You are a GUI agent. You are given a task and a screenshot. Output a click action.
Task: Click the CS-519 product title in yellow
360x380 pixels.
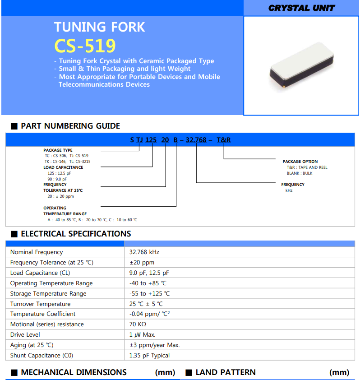(x=85, y=46)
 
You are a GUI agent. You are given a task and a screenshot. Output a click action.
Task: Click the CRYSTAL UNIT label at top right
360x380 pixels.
(x=301, y=8)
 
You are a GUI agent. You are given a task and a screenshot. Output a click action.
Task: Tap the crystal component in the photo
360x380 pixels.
(x=301, y=66)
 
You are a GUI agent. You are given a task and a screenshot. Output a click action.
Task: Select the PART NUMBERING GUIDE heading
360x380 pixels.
(x=70, y=126)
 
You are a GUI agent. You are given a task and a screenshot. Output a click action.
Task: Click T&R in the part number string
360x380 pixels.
(x=224, y=140)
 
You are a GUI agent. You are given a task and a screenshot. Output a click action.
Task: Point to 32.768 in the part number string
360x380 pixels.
(x=196, y=140)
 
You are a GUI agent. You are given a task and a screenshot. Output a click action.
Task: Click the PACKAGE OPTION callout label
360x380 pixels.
(x=300, y=162)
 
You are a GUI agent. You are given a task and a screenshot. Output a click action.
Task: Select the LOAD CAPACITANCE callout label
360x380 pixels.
(x=63, y=167)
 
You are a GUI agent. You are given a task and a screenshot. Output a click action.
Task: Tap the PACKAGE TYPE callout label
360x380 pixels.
(x=58, y=150)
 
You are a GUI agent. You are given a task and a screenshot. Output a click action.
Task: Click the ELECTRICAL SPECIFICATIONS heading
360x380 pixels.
(x=76, y=234)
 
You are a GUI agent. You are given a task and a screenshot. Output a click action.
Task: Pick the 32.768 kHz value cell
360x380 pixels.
(x=144, y=252)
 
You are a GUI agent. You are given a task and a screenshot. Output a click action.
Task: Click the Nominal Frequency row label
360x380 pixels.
(x=37, y=252)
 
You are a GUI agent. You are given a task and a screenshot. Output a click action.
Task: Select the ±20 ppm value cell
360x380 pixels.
(x=142, y=263)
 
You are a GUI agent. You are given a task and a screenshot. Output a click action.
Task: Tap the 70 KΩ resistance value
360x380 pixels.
(x=138, y=324)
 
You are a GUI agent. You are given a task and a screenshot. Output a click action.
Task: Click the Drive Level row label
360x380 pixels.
(x=25, y=335)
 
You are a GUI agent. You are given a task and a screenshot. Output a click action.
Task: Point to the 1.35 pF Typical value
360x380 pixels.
(x=150, y=356)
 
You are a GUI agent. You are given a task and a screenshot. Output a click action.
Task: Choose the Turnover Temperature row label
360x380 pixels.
(x=41, y=304)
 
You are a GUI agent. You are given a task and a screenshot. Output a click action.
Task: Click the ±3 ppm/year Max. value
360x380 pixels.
(x=155, y=345)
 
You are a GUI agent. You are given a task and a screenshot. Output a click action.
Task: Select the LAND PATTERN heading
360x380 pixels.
(x=226, y=372)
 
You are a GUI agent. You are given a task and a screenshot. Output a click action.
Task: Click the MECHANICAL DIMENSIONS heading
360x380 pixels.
(x=74, y=372)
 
